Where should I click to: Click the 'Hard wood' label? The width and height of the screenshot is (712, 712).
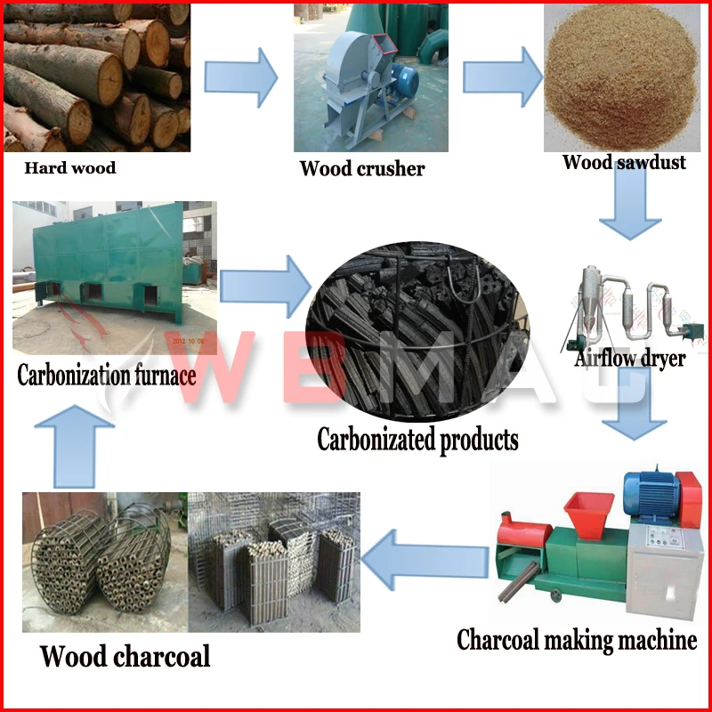pyautogui.click(x=69, y=167)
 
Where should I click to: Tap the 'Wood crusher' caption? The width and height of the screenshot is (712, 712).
pyautogui.click(x=361, y=168)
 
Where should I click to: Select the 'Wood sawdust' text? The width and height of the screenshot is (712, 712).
pyautogui.click(x=624, y=162)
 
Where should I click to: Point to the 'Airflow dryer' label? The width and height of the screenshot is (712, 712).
pyautogui.click(x=630, y=359)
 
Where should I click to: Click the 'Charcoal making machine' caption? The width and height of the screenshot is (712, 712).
pyautogui.click(x=577, y=640)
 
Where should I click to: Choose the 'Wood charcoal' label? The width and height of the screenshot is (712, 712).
pyautogui.click(x=125, y=656)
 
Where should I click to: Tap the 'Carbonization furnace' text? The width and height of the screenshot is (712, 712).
pyautogui.click(x=107, y=374)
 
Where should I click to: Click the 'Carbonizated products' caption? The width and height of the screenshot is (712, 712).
pyautogui.click(x=417, y=439)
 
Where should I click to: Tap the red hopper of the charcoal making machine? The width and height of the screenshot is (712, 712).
pyautogui.click(x=588, y=510)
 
